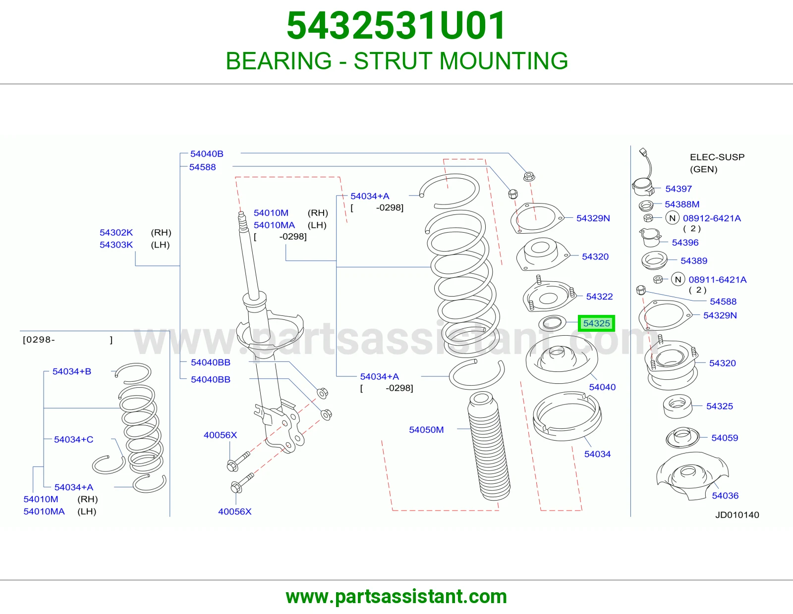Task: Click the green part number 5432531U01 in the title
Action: tap(396, 26)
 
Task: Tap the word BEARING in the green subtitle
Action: tap(279, 61)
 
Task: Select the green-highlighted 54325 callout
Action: tap(596, 323)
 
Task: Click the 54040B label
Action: tap(207, 154)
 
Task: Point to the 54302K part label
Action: tap(116, 233)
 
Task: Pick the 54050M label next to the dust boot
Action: tap(426, 430)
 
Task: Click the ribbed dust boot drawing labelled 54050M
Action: tap(489, 446)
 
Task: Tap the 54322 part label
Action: tap(599, 297)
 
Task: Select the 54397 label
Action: tap(679, 189)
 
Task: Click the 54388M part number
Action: tap(681, 204)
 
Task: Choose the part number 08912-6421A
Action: tap(712, 218)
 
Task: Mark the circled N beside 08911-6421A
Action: tap(678, 280)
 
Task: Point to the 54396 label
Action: tap(685, 243)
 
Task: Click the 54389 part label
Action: tap(694, 260)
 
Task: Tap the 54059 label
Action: tap(725, 438)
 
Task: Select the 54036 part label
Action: tap(725, 496)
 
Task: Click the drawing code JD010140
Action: tap(737, 515)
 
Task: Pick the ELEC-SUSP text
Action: tap(717, 157)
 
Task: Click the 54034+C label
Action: tap(73, 440)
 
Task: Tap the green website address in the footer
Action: tap(396, 597)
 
